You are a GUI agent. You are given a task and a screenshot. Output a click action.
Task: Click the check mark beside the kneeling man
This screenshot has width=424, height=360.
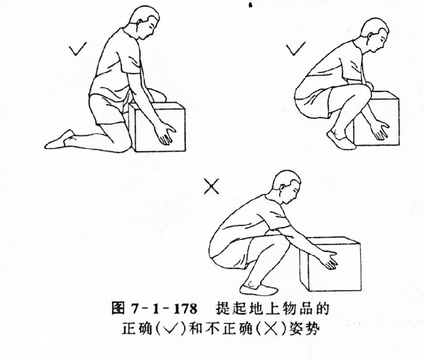(x=78, y=49)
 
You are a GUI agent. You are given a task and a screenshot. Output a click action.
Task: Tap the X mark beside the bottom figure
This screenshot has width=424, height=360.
(x=212, y=187)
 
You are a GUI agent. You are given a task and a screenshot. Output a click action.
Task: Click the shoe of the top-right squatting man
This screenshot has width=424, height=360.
(x=340, y=140)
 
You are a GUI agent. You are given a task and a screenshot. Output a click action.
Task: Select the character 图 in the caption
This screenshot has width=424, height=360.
(x=118, y=310)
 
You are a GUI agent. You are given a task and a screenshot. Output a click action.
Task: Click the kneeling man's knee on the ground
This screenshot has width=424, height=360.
(x=121, y=144)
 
